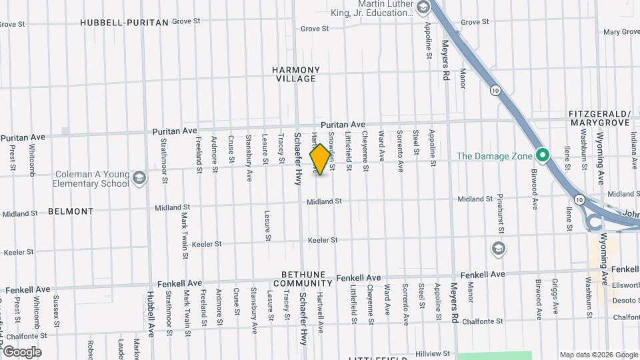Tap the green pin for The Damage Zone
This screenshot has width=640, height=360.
tap(543, 156)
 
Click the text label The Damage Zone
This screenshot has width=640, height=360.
tap(495, 157)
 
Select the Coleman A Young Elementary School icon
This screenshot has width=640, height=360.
tap(139, 178)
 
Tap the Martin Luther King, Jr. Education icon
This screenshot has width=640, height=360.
tap(422, 8)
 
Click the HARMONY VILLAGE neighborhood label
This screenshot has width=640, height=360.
tap(296, 74)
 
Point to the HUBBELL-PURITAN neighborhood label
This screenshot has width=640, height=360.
tap(124, 23)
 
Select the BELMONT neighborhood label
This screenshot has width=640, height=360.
tap(71, 211)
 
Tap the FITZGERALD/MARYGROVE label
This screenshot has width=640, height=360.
tap(599, 118)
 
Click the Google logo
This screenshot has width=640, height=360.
tap(21, 351)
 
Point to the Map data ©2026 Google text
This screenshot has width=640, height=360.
tap(599, 355)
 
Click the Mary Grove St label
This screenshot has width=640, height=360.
tap(621, 32)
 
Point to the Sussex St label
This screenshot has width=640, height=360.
tap(57, 309)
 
